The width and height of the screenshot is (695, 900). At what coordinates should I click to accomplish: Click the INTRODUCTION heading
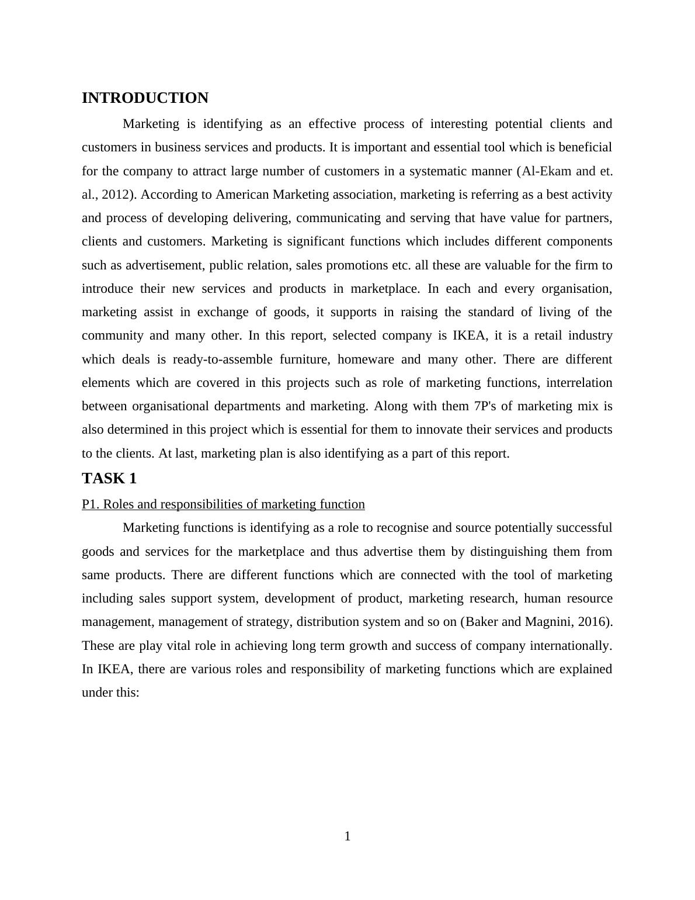(x=145, y=98)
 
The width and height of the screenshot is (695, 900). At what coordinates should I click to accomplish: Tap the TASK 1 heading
(x=109, y=479)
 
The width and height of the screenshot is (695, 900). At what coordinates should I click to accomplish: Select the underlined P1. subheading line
(x=223, y=504)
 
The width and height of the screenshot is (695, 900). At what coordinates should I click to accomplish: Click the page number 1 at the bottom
(x=347, y=836)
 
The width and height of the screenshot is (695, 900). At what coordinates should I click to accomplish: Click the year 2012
(x=115, y=195)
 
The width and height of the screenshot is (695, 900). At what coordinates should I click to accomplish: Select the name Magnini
(x=548, y=622)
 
